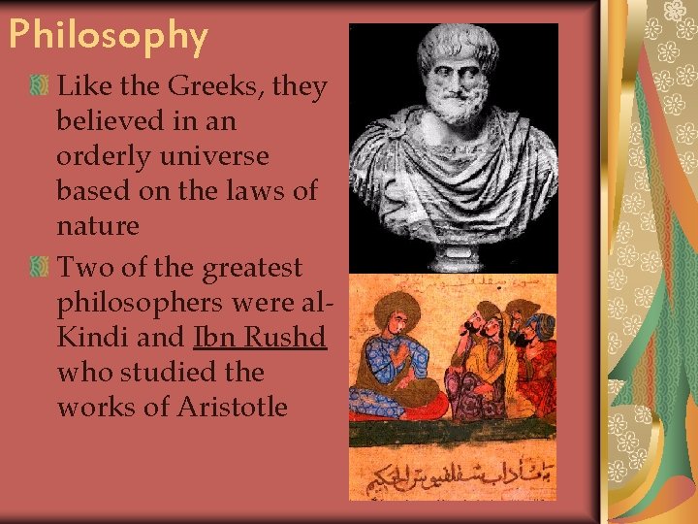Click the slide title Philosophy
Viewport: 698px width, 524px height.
108,36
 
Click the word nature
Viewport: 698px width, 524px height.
98,226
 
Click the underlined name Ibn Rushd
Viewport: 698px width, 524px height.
260,337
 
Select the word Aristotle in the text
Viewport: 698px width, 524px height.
233,407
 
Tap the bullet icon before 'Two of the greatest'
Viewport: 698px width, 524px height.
41,266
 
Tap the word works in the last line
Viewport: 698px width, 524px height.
94,407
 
